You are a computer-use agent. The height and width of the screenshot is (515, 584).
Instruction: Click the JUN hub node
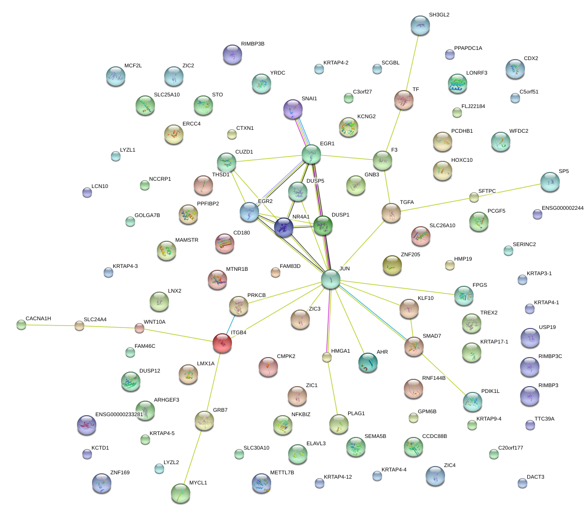(331, 279)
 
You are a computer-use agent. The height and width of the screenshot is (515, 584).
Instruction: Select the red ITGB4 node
(222, 343)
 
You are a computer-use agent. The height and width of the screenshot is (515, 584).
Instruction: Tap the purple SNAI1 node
(292, 109)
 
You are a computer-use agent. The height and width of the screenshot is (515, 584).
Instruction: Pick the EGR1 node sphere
(311, 154)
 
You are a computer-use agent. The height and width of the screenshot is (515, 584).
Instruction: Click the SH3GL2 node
(420, 25)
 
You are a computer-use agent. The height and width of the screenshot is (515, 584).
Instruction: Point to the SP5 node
(550, 182)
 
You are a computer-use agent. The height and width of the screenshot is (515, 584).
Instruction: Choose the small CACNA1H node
(21, 325)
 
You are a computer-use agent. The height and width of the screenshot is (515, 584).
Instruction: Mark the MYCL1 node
(181, 493)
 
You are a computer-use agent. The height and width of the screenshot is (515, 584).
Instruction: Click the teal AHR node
(368, 362)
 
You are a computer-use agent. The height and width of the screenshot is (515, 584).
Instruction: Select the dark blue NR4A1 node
(284, 227)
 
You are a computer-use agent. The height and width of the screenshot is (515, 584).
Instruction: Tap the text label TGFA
(407, 203)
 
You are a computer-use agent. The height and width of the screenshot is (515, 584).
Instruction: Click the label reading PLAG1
(356, 414)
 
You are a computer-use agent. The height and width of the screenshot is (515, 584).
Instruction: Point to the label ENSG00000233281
(119, 415)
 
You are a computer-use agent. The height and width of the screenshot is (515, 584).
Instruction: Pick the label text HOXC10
(461, 160)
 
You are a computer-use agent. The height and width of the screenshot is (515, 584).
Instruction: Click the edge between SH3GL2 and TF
(412, 62)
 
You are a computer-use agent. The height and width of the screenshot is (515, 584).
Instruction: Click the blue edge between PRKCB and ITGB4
(231, 325)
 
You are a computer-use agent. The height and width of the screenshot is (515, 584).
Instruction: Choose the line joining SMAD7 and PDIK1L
(443, 374)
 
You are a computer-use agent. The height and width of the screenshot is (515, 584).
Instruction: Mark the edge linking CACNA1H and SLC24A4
(50, 325)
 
